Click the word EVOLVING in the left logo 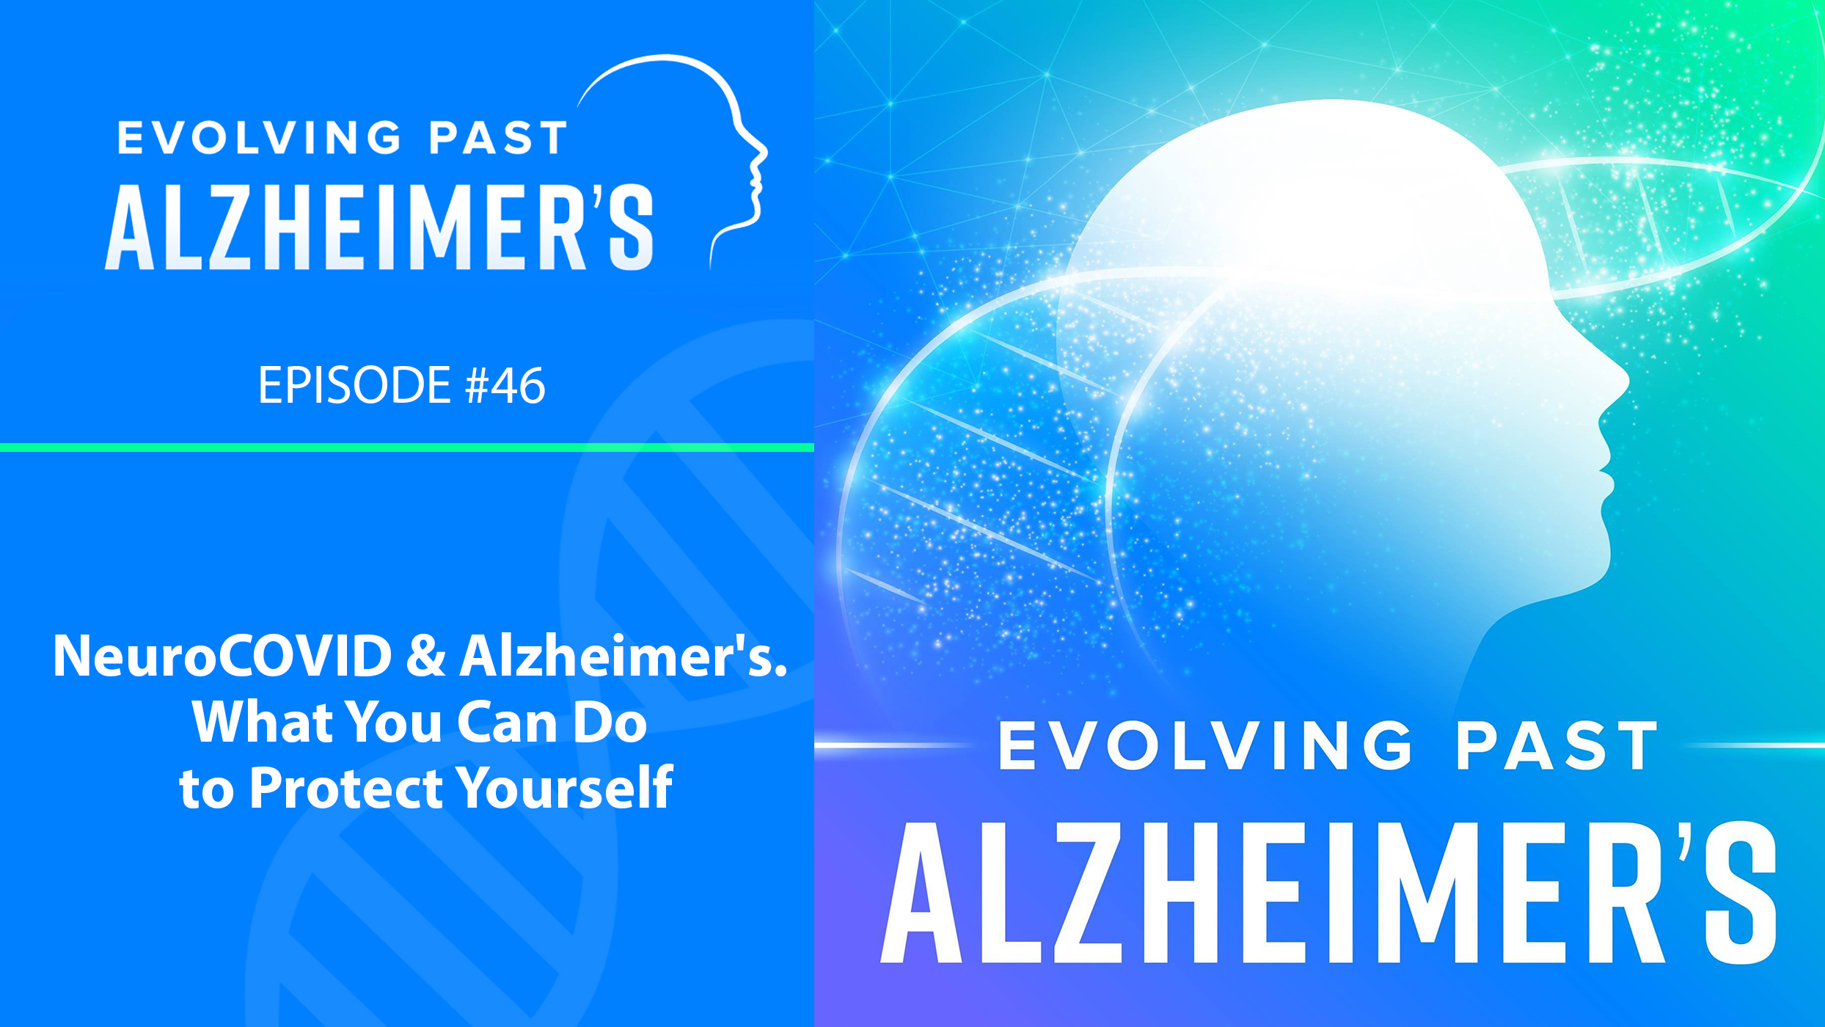(x=259, y=138)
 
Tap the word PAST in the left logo (x=498, y=138)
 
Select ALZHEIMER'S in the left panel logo (x=379, y=227)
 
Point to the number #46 (x=505, y=385)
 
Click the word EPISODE (x=354, y=385)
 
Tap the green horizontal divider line (x=407, y=447)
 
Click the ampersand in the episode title (x=426, y=656)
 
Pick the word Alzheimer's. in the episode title (x=623, y=656)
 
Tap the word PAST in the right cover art (x=1557, y=745)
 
